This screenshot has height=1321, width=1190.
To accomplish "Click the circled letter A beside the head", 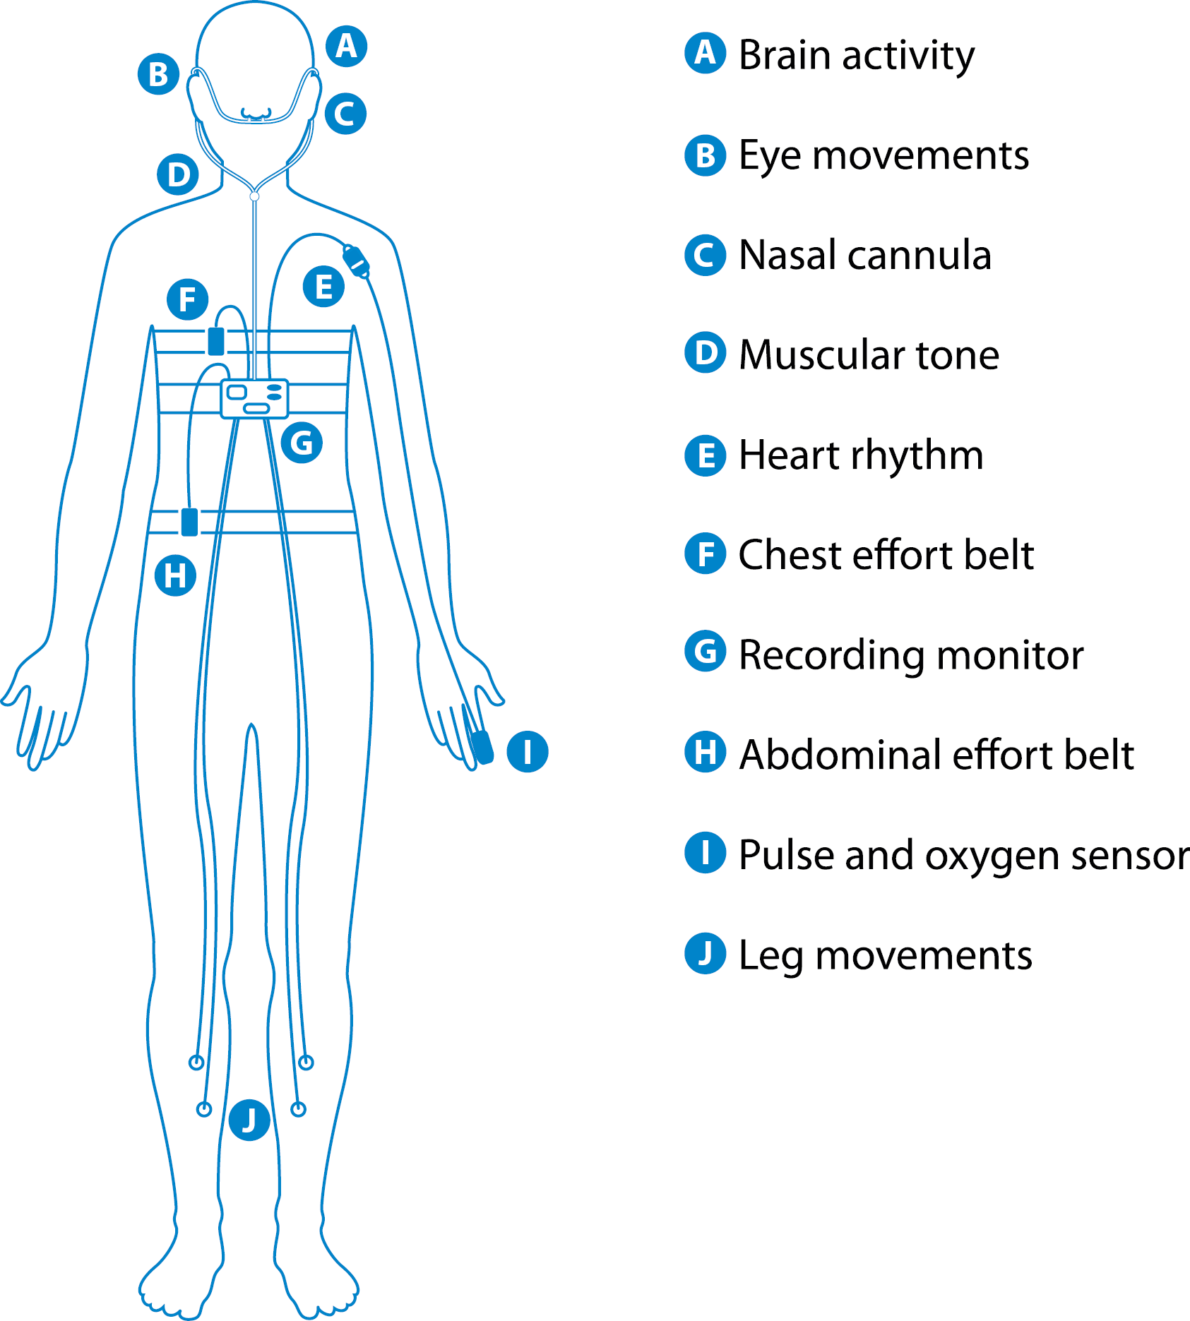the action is pos(346,47).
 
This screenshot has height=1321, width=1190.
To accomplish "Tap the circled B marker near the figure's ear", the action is pos(159,73).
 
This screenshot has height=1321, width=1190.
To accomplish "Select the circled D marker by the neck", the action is pos(178,174).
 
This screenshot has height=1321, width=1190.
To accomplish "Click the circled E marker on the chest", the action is pos(323,287).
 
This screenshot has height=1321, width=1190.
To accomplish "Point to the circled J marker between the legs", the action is pos(249,1120).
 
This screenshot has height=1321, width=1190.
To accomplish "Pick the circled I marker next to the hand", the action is pos(528,751).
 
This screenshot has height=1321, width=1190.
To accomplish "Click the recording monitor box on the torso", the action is pos(255,399).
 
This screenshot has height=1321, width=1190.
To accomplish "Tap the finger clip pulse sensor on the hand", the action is pos(483,747).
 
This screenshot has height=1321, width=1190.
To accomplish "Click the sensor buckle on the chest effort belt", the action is pos(216,341).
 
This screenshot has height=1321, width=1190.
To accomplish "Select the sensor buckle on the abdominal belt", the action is pos(189,522).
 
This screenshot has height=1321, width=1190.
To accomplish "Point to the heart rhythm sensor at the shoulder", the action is pos(356,262).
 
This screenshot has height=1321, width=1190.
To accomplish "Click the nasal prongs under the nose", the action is pos(256,113).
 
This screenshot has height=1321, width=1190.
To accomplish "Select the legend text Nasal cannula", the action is pos(865,255).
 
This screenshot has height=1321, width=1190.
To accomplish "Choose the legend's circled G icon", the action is pos(706,652).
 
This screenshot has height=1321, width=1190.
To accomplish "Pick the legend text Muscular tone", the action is pos(869,354).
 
